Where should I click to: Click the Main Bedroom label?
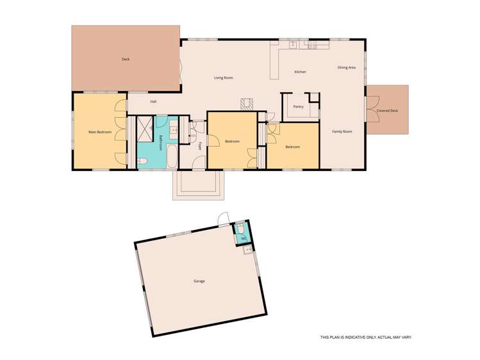(x=100, y=132)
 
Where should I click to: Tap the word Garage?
(x=199, y=281)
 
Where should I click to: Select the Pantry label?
(x=298, y=106)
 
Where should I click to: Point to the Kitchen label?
(x=300, y=72)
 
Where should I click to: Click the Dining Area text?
(x=347, y=67)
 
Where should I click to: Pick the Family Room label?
(x=342, y=131)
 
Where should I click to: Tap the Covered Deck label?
(x=387, y=111)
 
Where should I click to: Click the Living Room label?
(x=223, y=78)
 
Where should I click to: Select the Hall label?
(x=153, y=101)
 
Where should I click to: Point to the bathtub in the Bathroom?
(x=172, y=156)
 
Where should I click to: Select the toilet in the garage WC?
(x=240, y=228)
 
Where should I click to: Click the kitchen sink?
(x=292, y=45)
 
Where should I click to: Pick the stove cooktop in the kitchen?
(x=313, y=45)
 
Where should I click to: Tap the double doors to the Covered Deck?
(x=366, y=110)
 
